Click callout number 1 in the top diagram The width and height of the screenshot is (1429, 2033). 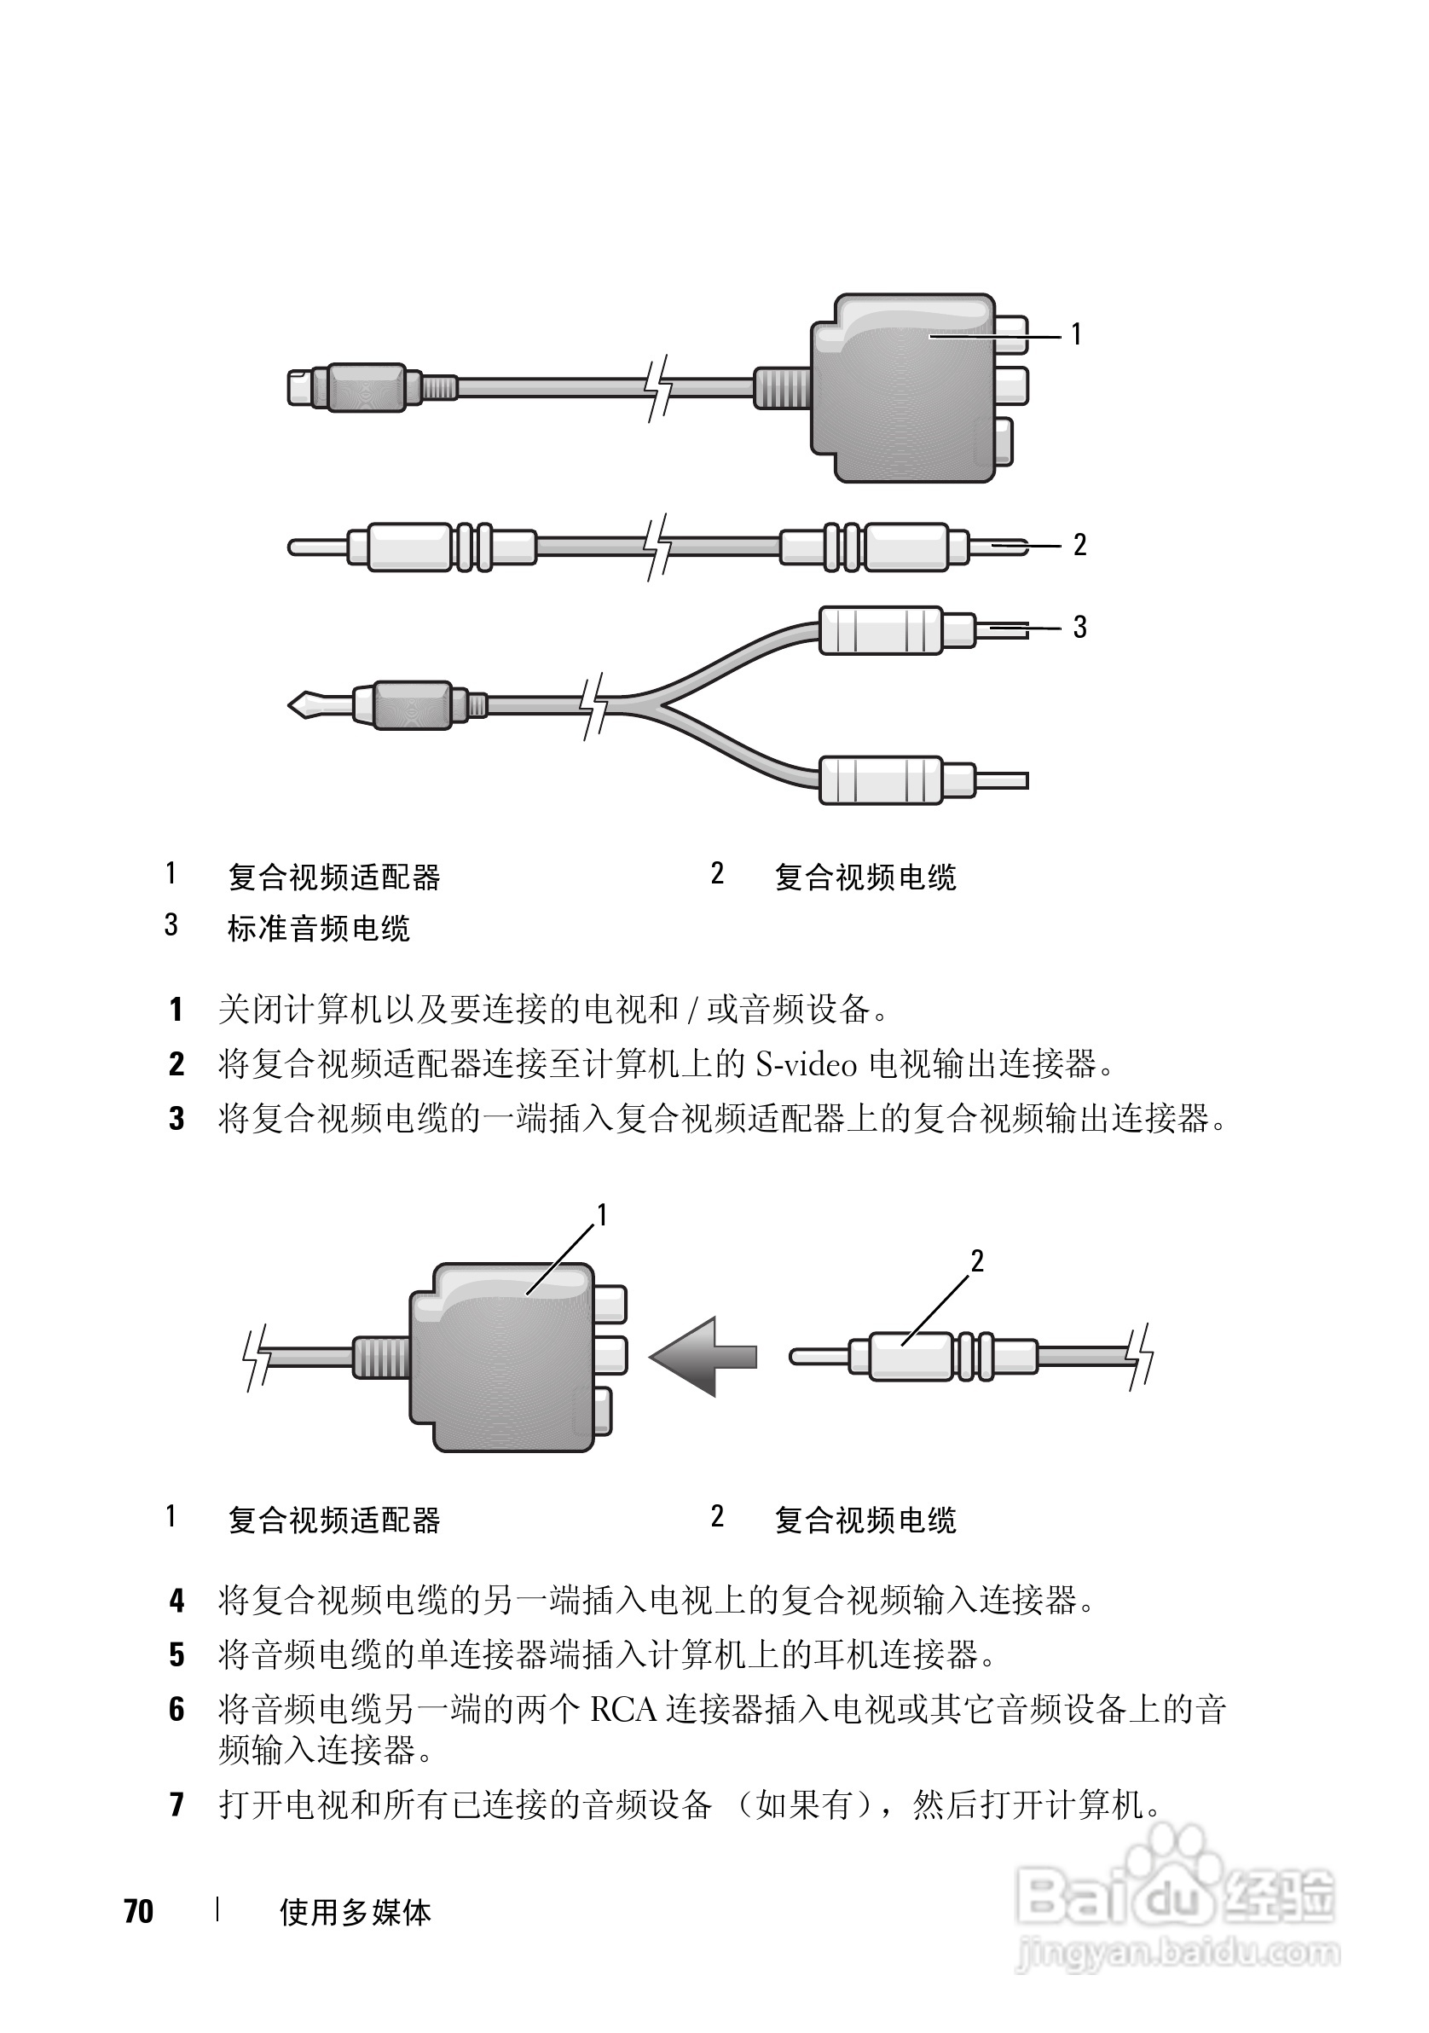[x=1076, y=334]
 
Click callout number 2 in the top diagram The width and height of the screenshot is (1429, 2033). [x=1079, y=545]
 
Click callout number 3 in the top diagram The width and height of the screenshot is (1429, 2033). [x=1079, y=628]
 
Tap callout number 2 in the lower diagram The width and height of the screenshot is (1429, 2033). [x=976, y=1261]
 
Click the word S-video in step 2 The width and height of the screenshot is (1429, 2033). [x=807, y=1064]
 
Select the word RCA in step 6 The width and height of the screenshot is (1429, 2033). [x=623, y=1710]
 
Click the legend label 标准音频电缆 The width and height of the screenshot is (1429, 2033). [x=319, y=929]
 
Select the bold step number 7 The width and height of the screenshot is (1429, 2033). [x=177, y=1804]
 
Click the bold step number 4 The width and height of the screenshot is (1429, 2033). [x=177, y=1600]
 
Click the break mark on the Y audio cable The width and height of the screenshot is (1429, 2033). [x=594, y=705]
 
